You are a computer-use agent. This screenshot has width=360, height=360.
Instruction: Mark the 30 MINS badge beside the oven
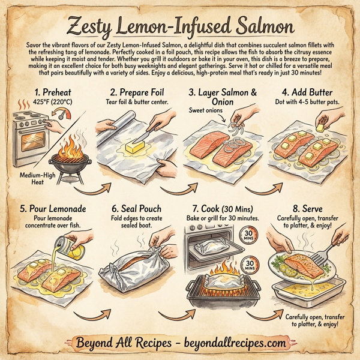pos(250,235)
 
